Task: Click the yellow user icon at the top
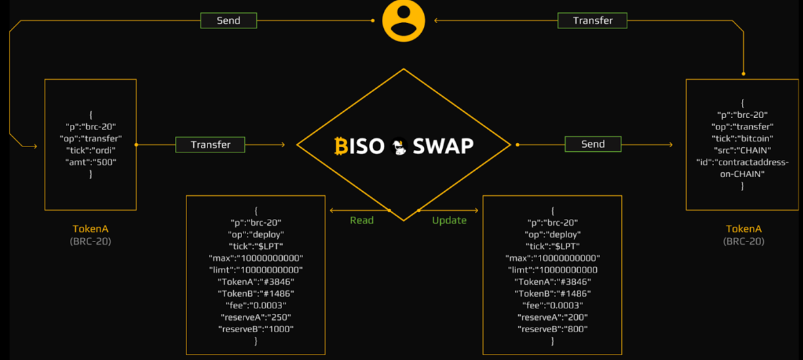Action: [x=404, y=21]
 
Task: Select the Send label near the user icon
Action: [x=229, y=20]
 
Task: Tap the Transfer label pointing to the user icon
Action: [x=592, y=20]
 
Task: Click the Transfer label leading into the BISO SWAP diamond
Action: [x=210, y=144]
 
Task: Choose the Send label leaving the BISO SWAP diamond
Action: [x=593, y=144]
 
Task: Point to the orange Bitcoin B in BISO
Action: [x=341, y=145]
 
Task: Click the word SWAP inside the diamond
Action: [x=443, y=145]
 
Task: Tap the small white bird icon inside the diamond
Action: [x=398, y=146]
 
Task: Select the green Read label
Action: [x=361, y=220]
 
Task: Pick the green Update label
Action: [x=449, y=220]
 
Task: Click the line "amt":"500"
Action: [x=90, y=161]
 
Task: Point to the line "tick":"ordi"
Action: [x=90, y=150]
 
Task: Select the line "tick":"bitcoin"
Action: [x=742, y=138]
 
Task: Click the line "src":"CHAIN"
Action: [x=742, y=150]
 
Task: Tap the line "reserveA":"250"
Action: [x=256, y=317]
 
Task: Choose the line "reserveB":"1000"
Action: [x=256, y=329]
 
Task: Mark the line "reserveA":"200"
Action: [x=552, y=317]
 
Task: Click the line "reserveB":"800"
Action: [x=552, y=329]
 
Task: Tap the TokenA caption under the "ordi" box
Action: [x=90, y=229]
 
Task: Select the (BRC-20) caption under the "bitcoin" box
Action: [x=743, y=241]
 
